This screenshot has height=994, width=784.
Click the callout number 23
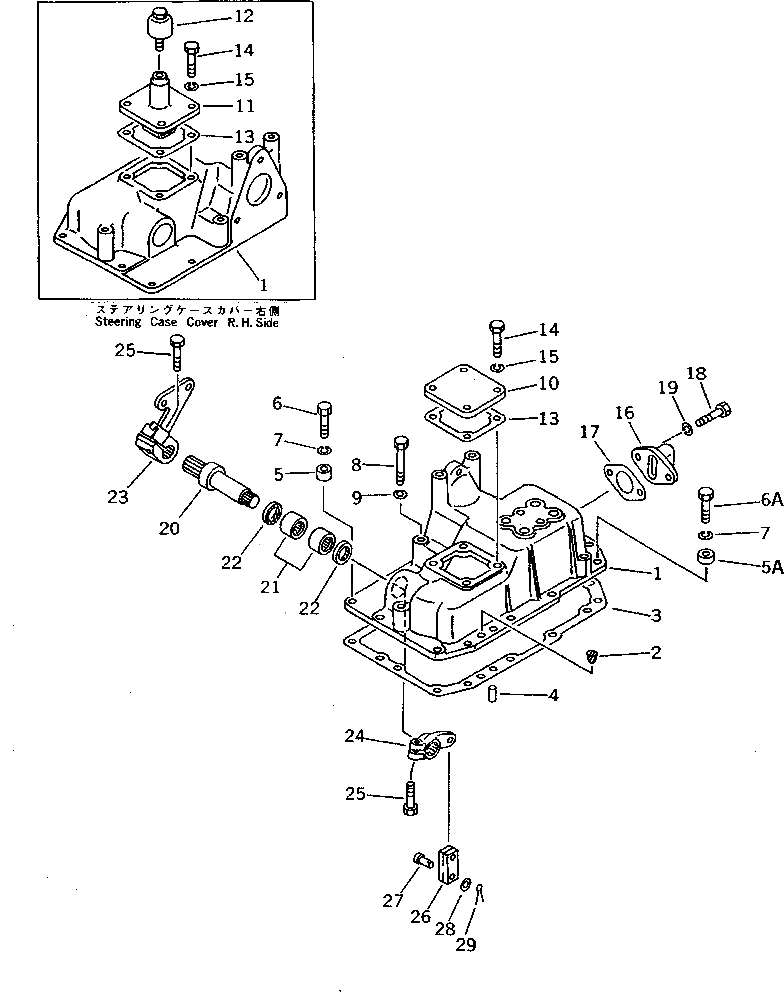click(x=118, y=496)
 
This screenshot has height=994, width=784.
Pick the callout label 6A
click(x=771, y=500)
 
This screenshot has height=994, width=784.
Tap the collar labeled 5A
click(x=705, y=557)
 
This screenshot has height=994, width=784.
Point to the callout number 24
click(x=354, y=736)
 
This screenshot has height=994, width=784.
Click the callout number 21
click(x=270, y=587)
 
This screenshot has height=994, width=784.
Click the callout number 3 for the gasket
click(x=656, y=616)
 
